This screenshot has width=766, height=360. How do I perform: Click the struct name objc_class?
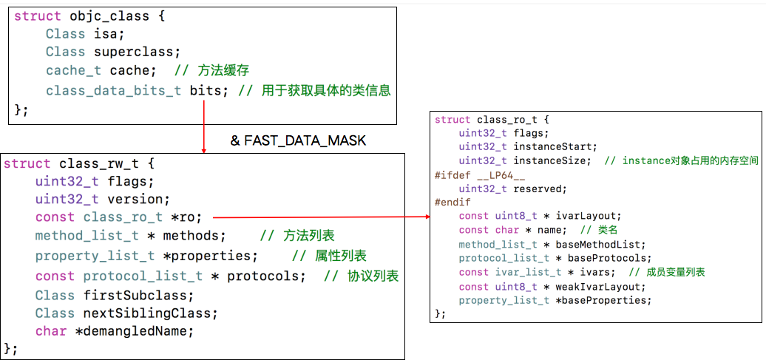pyautogui.click(x=106, y=15)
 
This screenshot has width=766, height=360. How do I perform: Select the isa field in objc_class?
pyautogui.click(x=109, y=33)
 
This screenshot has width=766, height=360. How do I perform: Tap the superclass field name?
pyautogui.click(x=136, y=52)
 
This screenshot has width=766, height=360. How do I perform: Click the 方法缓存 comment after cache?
pyautogui.click(x=223, y=71)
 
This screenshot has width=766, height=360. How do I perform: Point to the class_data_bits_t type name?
pyautogui.click(x=113, y=90)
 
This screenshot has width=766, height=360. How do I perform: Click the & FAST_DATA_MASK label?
pyautogui.click(x=298, y=140)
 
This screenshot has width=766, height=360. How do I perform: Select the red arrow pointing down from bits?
pyautogui.click(x=203, y=127)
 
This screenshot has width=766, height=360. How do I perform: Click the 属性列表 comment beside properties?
pyautogui.click(x=340, y=256)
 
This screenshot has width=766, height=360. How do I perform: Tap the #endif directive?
pyautogui.click(x=453, y=202)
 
